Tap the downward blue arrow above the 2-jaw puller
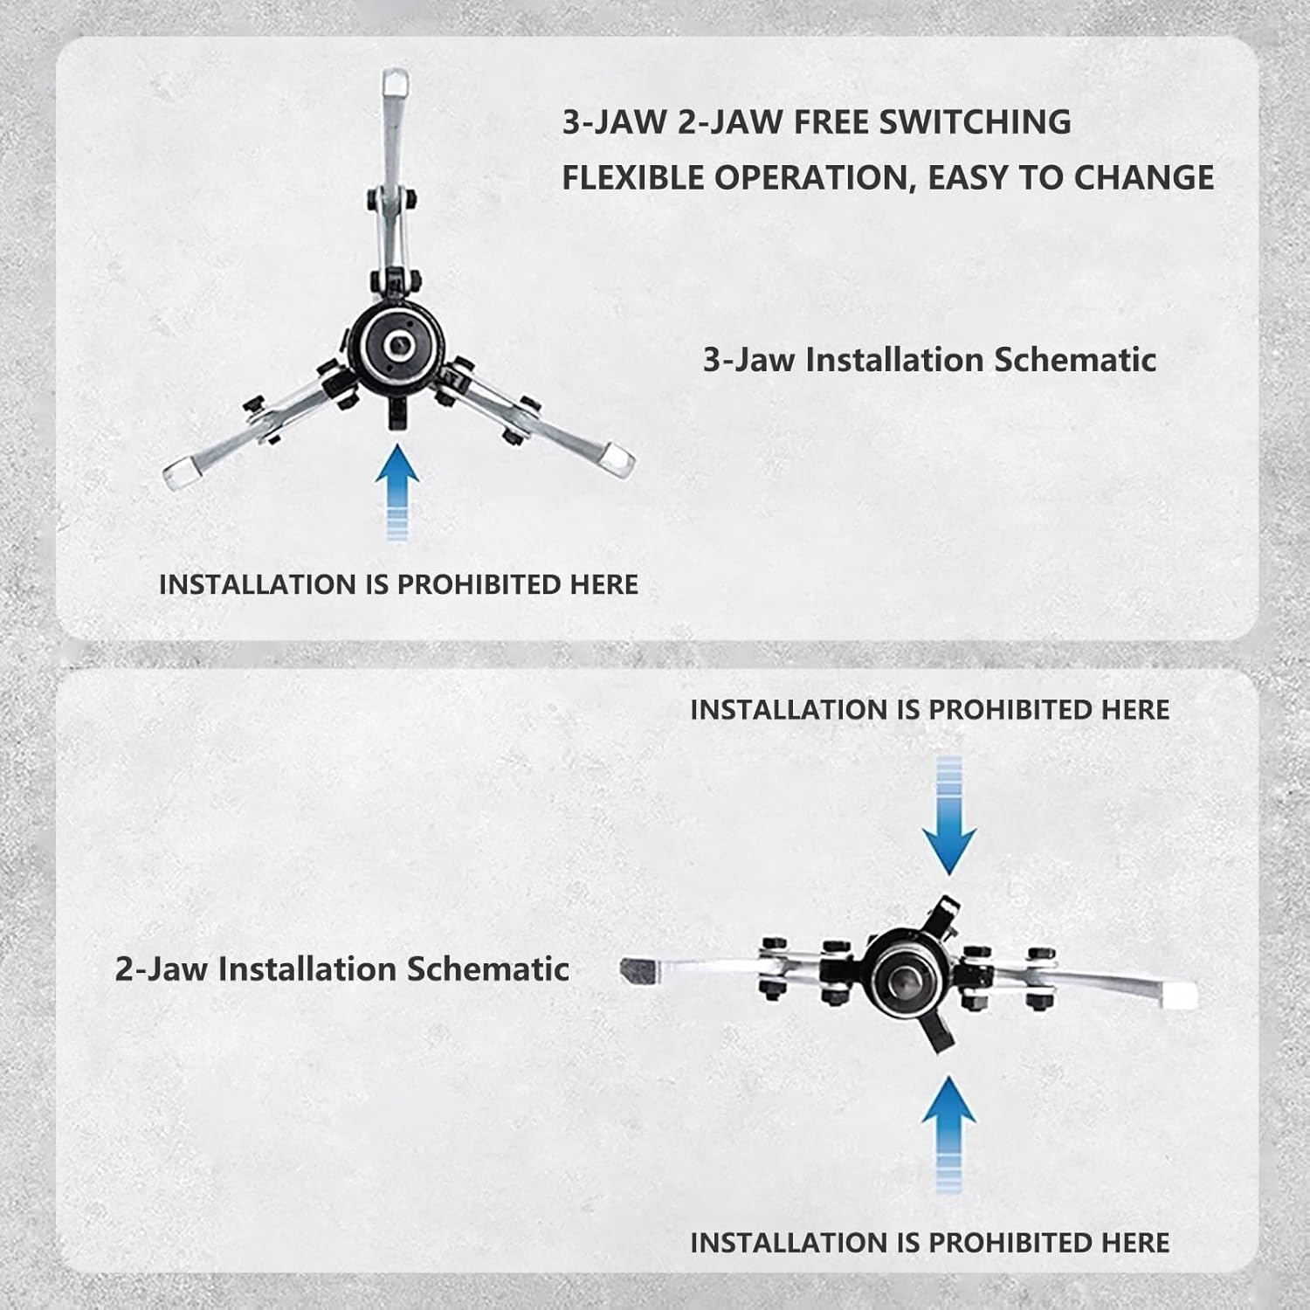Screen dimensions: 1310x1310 [x=948, y=817]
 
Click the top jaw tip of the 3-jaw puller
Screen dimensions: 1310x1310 [x=395, y=84]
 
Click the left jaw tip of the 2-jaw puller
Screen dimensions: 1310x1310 [x=638, y=969]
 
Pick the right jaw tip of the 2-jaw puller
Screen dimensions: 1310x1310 [x=1179, y=994]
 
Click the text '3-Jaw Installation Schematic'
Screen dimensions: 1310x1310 [x=929, y=360]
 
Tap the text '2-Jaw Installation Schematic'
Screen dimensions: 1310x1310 [x=341, y=969]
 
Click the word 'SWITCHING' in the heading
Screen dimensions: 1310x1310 [x=975, y=122]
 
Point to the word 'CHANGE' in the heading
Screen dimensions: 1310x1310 [x=1143, y=178]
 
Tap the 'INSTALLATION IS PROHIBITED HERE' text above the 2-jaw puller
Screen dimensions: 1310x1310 [x=929, y=710]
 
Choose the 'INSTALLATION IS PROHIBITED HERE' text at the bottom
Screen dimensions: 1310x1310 [x=929, y=1242]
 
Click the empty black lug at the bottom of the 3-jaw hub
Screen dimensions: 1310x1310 [x=397, y=410]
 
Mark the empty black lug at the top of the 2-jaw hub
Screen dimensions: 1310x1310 [x=943, y=913]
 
